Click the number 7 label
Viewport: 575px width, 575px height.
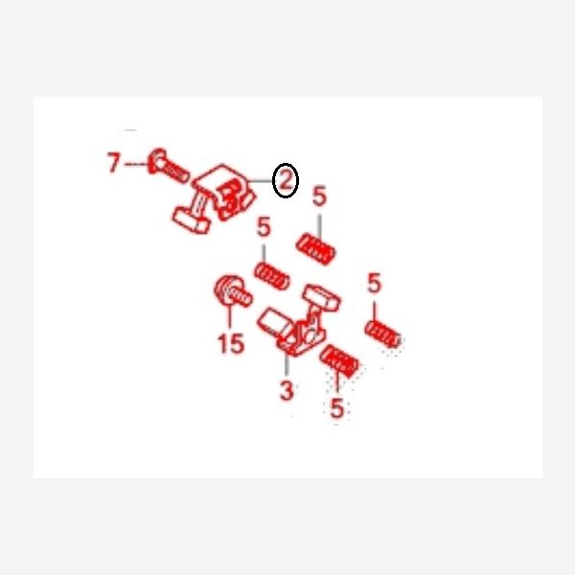pos(114,163)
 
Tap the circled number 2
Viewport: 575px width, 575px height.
pos(286,180)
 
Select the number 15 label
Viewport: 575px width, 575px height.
pos(231,343)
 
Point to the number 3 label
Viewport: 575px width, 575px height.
pos(287,390)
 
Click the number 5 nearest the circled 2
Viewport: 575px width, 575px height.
pos(319,195)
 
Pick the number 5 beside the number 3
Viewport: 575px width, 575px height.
pos(336,407)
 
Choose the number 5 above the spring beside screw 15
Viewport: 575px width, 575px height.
pos(264,226)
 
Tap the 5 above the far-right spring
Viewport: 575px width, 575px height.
pos(374,283)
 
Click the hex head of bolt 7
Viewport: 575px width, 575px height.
pos(156,161)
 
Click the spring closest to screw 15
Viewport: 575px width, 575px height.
pos(271,276)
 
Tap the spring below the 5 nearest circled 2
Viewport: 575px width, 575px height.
pos(315,249)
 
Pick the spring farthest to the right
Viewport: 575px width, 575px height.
pos(382,333)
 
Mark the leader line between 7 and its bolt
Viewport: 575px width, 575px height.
pos(136,164)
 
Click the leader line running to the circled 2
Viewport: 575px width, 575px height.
pos(261,181)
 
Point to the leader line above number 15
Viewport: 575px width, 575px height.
pos(230,315)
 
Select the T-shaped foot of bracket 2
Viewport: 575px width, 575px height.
pos(191,220)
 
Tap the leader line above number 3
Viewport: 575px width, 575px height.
pos(287,364)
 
